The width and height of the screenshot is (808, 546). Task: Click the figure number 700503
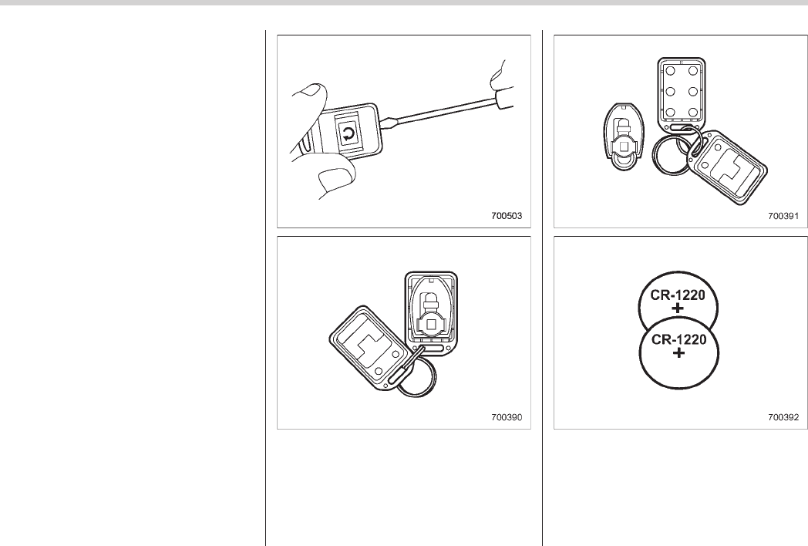tap(506, 215)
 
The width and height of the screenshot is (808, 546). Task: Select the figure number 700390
tap(506, 416)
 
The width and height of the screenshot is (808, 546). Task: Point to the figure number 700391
tap(783, 215)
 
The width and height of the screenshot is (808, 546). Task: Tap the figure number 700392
tap(783, 416)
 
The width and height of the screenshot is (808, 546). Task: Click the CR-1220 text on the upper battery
tap(678, 295)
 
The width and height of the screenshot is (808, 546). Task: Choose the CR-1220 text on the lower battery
tap(678, 340)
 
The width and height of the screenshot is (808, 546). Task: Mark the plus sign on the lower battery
tap(679, 353)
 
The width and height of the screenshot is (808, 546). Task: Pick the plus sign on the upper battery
tap(678, 308)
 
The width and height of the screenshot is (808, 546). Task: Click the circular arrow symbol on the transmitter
tap(348, 135)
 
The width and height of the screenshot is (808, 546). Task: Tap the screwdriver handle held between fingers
tap(504, 99)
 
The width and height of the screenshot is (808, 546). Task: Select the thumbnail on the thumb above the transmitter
tap(311, 90)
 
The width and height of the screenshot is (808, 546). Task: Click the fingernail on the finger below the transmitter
tap(332, 178)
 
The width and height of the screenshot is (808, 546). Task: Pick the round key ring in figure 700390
tap(416, 378)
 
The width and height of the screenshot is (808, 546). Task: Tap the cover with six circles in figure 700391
tap(682, 93)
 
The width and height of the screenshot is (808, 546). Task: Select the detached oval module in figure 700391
tap(624, 137)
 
